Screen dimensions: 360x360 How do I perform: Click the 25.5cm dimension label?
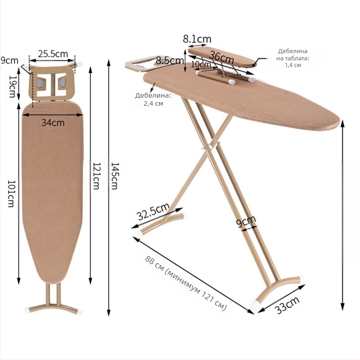pyautogui.click(x=53, y=54)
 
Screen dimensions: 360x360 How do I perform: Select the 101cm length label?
pyautogui.click(x=11, y=193)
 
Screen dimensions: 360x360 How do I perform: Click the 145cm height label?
pyautogui.click(x=114, y=175)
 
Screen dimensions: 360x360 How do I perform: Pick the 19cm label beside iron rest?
pyautogui.click(x=13, y=86)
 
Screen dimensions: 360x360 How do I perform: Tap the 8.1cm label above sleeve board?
pyautogui.click(x=197, y=39)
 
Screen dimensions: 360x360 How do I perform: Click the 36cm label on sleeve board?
pyautogui.click(x=222, y=58)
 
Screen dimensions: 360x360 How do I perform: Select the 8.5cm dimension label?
pyautogui.click(x=170, y=60)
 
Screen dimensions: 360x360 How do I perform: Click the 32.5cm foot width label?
pyautogui.click(x=153, y=211)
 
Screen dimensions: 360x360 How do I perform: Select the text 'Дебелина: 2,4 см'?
pyautogui.click(x=153, y=99)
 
